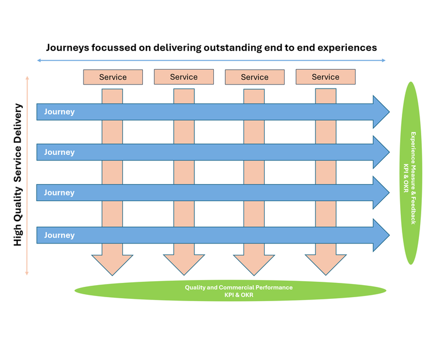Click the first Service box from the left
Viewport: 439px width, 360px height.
(x=113, y=77)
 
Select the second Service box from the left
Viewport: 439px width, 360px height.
(x=183, y=77)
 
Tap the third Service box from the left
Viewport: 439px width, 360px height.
(x=254, y=77)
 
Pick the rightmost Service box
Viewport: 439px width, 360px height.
(x=325, y=77)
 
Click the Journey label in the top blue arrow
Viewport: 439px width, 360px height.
(x=59, y=112)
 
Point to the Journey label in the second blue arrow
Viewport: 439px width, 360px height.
(x=59, y=153)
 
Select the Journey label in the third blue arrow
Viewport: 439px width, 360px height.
(x=59, y=193)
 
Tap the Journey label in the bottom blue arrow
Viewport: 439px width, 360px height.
(x=59, y=235)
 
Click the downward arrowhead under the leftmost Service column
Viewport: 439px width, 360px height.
(x=113, y=263)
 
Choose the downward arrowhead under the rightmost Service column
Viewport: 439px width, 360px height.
(x=325, y=263)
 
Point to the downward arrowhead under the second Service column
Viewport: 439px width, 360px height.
(x=183, y=263)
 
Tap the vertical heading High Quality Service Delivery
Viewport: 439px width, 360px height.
(x=18, y=174)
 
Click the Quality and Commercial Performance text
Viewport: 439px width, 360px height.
(x=238, y=287)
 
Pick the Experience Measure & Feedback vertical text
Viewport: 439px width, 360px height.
(x=413, y=178)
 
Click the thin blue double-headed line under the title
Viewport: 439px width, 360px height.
(x=211, y=60)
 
